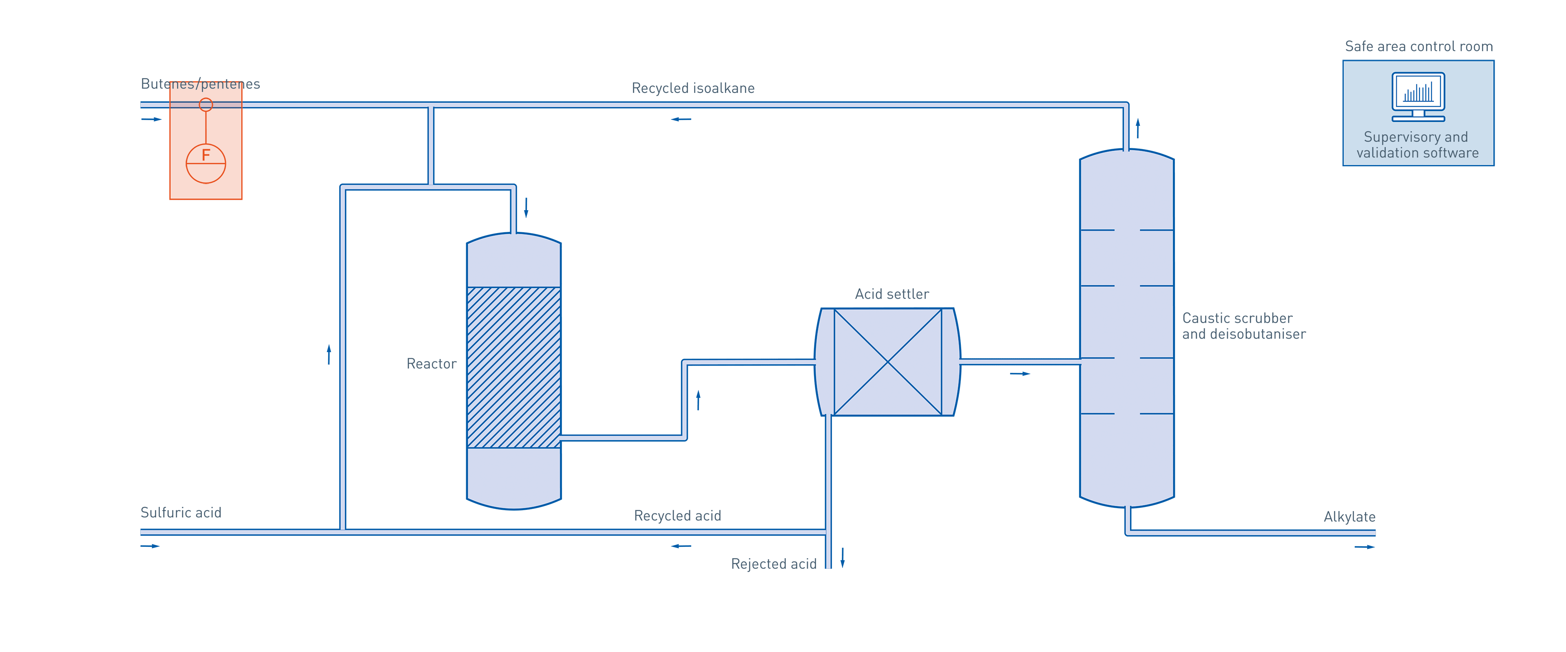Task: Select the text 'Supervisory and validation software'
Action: [1417, 145]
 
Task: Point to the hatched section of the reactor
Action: [514, 367]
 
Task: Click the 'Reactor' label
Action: [430, 364]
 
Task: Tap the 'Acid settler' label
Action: [891, 294]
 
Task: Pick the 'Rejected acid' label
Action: [773, 564]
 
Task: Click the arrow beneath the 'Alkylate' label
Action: [1364, 547]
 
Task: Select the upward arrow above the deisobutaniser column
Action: [1137, 128]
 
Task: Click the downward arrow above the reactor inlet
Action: [526, 207]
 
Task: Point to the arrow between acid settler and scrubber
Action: [1020, 374]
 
